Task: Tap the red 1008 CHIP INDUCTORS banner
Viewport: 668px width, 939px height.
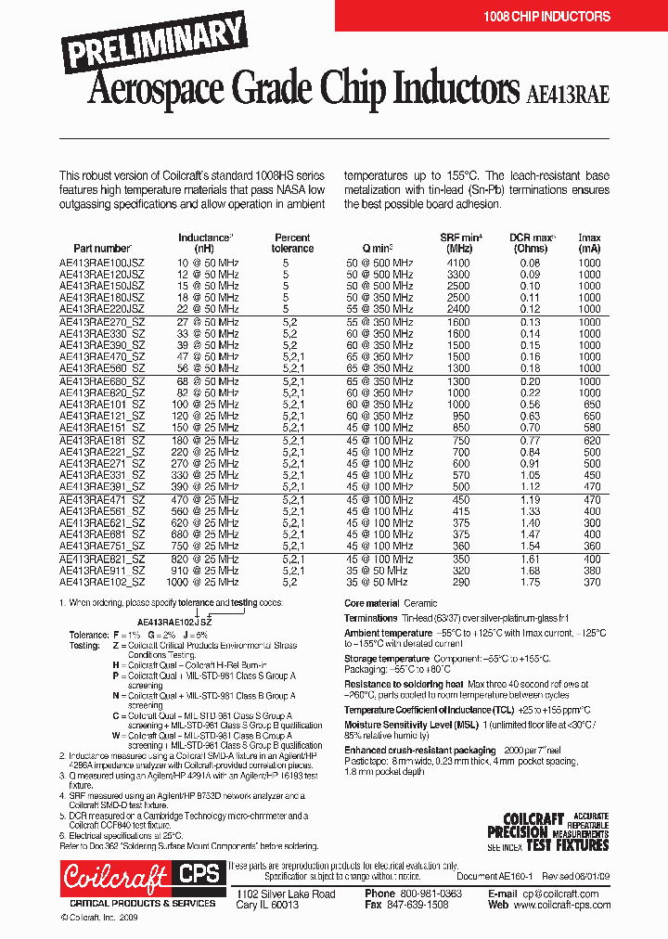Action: click(546, 16)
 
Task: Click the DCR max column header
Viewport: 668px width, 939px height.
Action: click(533, 243)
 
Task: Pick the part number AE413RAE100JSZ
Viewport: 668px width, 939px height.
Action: click(102, 264)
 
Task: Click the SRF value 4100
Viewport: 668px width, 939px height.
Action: click(458, 264)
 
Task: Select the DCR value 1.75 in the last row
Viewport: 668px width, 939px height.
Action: click(530, 582)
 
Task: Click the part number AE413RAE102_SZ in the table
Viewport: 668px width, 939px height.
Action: click(102, 582)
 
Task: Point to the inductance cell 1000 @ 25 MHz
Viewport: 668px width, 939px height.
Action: click(203, 582)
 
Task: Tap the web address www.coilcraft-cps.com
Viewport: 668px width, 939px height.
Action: click(565, 905)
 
